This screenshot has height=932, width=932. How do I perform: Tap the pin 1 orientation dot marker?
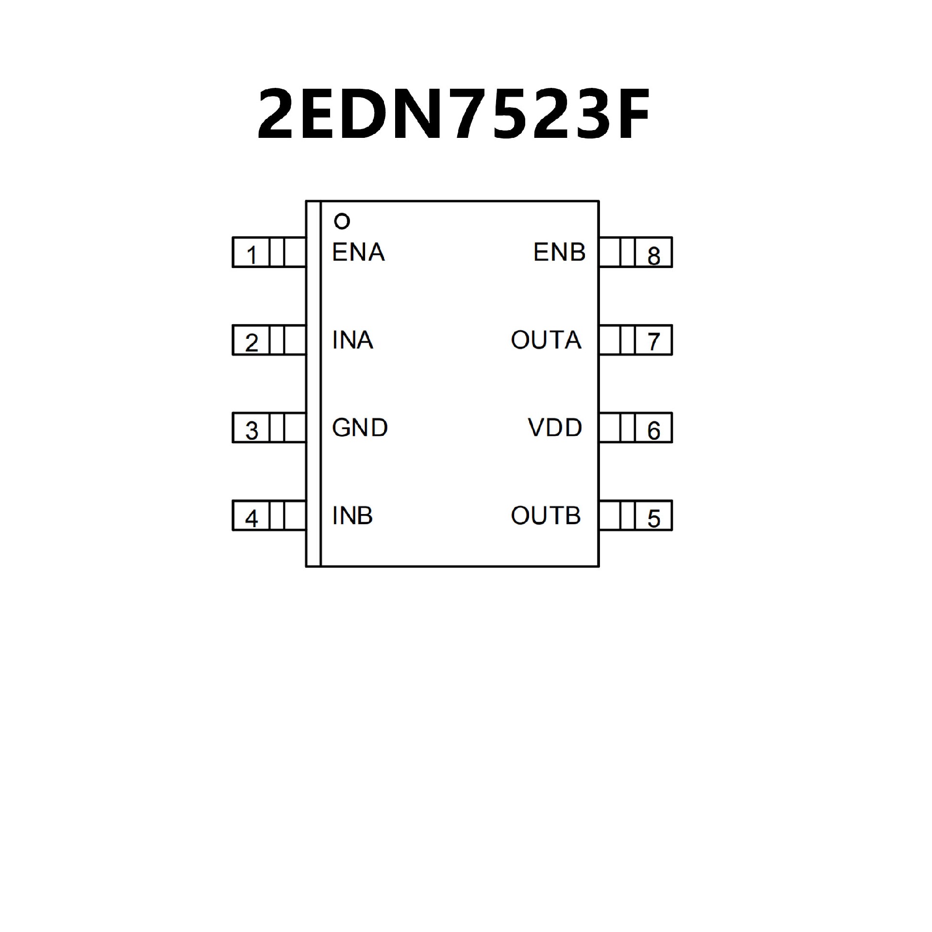pos(342,222)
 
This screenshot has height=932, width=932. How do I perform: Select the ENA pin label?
pos(358,252)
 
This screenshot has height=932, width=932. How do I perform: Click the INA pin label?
pos(352,340)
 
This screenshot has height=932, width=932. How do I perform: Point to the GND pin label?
pos(360,428)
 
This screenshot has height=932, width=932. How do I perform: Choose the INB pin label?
pos(352,516)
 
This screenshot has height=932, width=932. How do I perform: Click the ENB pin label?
pos(559,252)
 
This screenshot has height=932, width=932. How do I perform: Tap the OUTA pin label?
pos(546,340)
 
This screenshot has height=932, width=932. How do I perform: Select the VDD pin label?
pos(555,428)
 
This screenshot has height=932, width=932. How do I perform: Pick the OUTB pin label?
pos(546,516)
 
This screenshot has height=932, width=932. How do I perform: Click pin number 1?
pos(251,255)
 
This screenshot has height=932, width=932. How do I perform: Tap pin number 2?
pos(251,343)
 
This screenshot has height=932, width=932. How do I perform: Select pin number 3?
pos(251,431)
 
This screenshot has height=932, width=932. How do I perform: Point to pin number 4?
pos(251,518)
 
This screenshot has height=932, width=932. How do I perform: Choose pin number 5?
pos(654,518)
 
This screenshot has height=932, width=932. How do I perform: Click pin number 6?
pos(654,431)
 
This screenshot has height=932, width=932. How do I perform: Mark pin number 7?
pos(654,342)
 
